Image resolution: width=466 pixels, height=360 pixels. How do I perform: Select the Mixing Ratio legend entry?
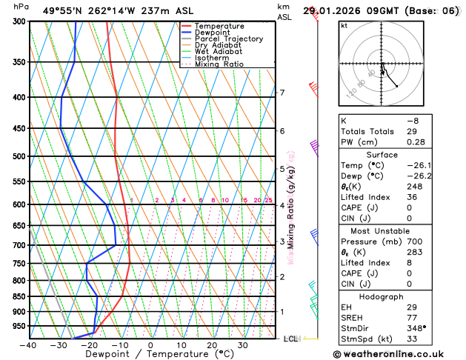[x=219, y=64]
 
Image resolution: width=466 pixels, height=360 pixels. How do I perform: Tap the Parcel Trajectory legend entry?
[x=228, y=39]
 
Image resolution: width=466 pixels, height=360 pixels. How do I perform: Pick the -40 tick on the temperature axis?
[x=28, y=345]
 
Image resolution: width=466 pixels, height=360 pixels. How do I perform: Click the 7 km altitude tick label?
[x=282, y=93]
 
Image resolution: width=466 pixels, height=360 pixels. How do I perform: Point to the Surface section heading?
[x=392, y=155]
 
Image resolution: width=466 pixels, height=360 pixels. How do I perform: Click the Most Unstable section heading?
[x=392, y=230]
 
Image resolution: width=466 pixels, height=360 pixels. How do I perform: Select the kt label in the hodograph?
[x=344, y=25]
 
